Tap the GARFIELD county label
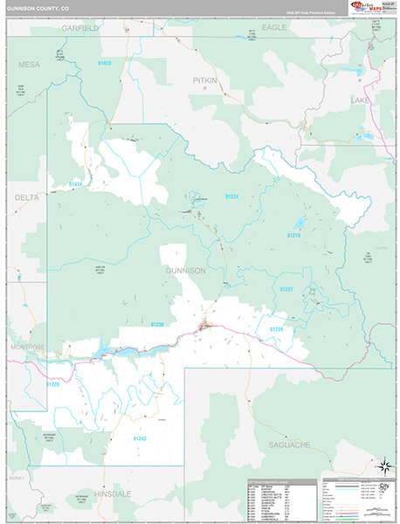(x=80, y=28)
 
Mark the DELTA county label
(x=27, y=198)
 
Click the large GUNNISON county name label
(x=184, y=271)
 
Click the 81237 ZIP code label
(x=286, y=289)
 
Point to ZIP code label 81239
(x=276, y=328)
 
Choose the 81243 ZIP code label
(x=140, y=438)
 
